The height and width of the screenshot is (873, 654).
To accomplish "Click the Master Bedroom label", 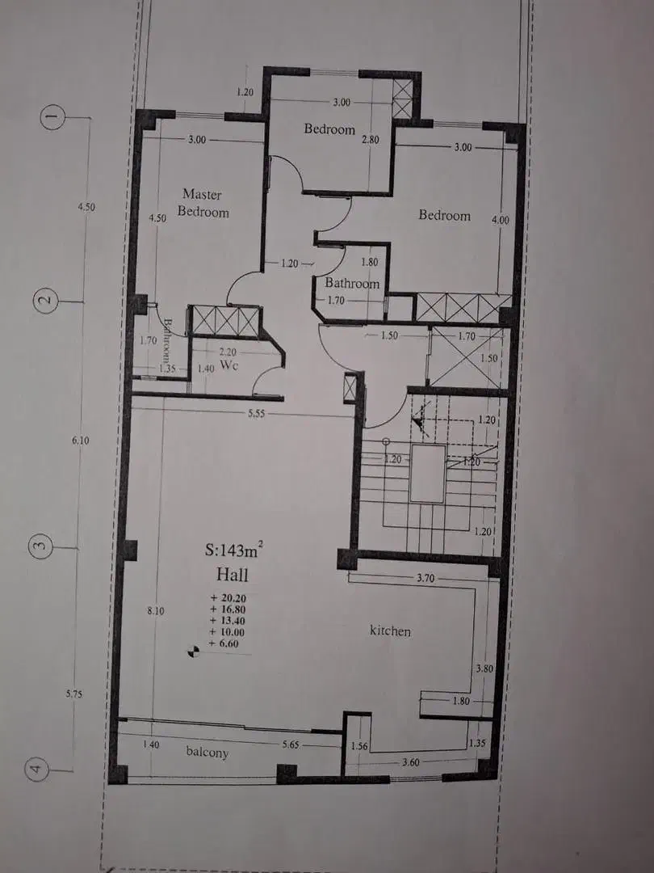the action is pos(203,203).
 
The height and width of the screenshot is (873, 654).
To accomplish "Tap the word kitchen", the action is pos(391,630).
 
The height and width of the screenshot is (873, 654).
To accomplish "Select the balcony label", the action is pos(207,753).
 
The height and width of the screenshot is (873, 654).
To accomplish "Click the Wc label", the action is pos(229,365).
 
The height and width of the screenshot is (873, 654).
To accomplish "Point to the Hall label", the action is pos(232,574).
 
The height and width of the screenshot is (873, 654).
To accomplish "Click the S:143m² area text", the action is pos(233,550).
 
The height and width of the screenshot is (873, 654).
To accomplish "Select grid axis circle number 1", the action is pos(52,117).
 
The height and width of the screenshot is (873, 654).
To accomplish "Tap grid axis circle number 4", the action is pos(36,770).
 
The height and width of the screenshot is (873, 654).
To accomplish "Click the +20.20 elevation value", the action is pos(228,597).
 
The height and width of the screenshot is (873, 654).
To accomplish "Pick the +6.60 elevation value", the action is pos(224,643).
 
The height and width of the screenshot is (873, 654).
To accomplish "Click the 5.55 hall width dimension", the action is pos(256,414).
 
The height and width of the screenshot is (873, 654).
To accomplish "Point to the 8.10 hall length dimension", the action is pos(156,611).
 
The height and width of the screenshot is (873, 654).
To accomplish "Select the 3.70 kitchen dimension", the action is pos(426,578).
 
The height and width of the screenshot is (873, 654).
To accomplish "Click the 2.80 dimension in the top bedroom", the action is pos(371,140).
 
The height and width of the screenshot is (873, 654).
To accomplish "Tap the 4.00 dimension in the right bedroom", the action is pos(500,220).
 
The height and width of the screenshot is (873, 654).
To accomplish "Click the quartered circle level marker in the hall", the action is pos(193,651).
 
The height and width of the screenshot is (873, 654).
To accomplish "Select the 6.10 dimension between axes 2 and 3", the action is pos(80,440).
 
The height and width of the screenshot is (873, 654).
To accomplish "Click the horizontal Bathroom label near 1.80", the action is pos(352,283).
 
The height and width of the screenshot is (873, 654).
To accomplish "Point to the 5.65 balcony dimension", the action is pos(291,744).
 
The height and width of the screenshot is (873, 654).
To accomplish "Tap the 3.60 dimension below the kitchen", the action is pos(410,762).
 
